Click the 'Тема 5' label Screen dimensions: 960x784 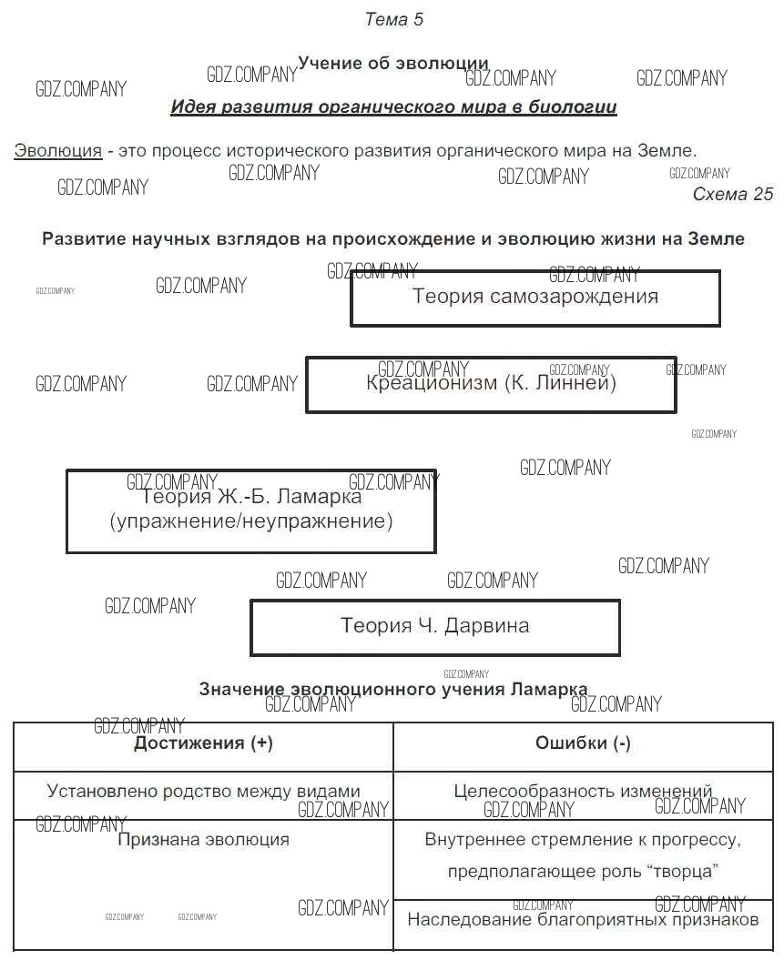pyautogui.click(x=393, y=19)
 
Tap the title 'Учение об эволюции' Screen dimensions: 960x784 pyautogui.click(x=392, y=64)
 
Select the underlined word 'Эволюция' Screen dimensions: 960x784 pyautogui.click(x=57, y=151)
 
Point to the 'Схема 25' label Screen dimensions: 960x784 pyautogui.click(x=732, y=194)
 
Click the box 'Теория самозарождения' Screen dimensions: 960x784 pyautogui.click(x=535, y=298)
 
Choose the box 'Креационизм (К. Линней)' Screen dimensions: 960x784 pyautogui.click(x=491, y=384)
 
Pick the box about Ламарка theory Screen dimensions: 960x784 pyautogui.click(x=250, y=510)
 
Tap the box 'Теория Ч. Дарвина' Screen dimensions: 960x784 pyautogui.click(x=434, y=626)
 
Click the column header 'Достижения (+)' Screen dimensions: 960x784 pyautogui.click(x=203, y=743)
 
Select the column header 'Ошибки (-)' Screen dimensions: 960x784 pyautogui.click(x=583, y=743)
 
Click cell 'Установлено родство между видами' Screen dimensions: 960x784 pyautogui.click(x=203, y=792)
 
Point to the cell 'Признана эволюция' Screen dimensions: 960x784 pyautogui.click(x=203, y=840)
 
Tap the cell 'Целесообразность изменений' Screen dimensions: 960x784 pyautogui.click(x=583, y=792)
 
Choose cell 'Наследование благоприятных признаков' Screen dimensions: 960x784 pyautogui.click(x=583, y=920)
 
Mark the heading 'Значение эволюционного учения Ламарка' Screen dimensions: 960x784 pyautogui.click(x=392, y=690)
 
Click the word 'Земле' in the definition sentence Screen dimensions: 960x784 pyautogui.click(x=667, y=151)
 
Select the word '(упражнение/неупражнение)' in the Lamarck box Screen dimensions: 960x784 pyautogui.click(x=250, y=522)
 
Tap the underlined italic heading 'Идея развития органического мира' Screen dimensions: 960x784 pyautogui.click(x=393, y=107)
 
